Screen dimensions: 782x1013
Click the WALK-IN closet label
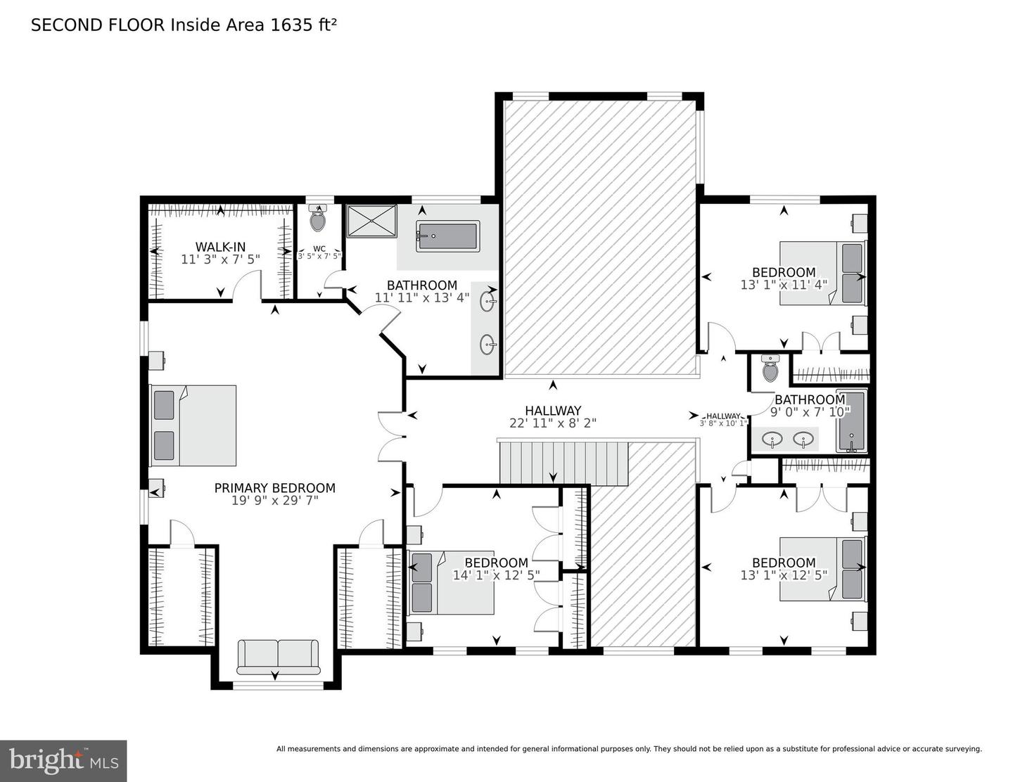point(220,247)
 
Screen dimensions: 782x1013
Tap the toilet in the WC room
point(318,220)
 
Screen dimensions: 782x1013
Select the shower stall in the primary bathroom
point(371,220)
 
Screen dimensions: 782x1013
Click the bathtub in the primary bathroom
point(447,236)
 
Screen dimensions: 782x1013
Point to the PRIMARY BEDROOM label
point(274,488)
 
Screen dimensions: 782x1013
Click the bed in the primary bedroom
point(193,425)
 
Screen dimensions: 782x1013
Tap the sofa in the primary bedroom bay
point(278,656)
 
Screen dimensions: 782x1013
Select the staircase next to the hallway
point(563,463)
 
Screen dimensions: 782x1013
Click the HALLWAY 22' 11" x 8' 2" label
point(553,416)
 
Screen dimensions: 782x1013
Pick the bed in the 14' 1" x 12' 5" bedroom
point(452,583)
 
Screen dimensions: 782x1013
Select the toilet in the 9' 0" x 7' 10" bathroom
point(770,368)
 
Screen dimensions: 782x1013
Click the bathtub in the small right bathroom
point(851,421)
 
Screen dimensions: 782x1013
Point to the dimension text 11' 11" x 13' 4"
point(421,297)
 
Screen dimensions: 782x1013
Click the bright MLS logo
point(63,761)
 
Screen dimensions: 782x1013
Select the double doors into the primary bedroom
point(390,437)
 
